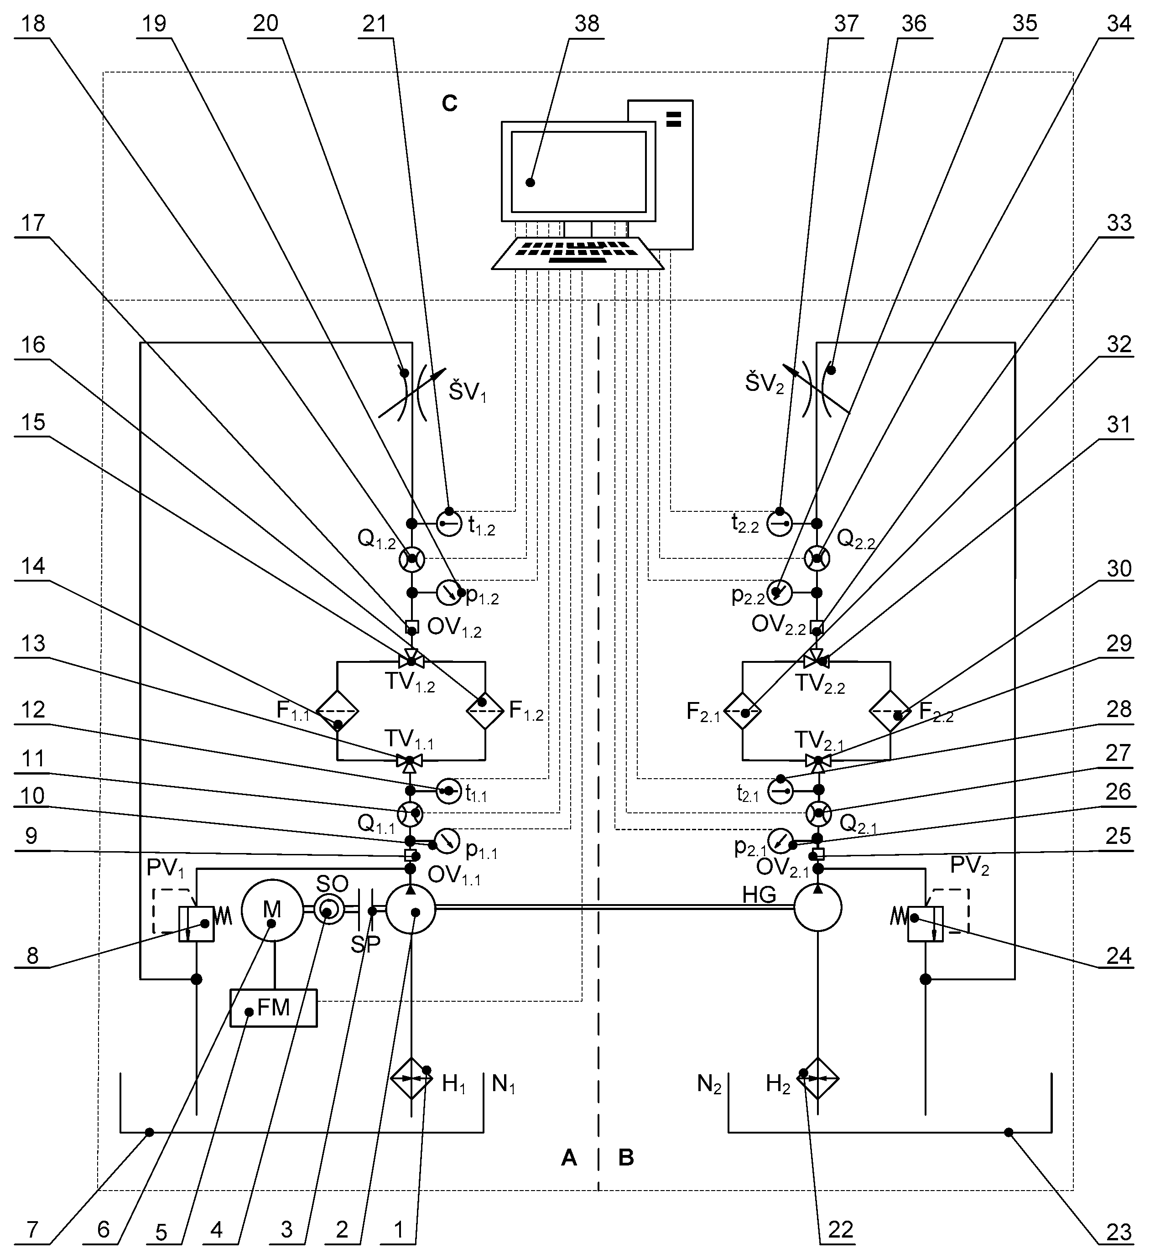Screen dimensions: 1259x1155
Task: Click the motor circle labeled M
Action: click(271, 910)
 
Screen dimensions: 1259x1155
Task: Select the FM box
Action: click(273, 1008)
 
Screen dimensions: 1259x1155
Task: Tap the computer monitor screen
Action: click(578, 172)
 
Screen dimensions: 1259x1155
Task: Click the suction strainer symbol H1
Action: click(411, 1078)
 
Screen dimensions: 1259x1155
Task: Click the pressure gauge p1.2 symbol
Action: click(448, 593)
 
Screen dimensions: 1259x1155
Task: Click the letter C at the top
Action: click(449, 103)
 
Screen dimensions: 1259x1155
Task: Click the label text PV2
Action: click(969, 866)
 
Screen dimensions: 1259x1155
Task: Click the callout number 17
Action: click(33, 223)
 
